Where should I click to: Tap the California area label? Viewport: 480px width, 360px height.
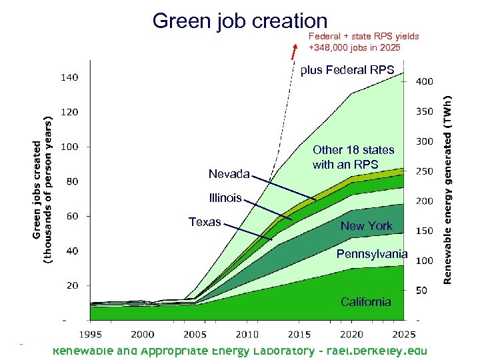click(365, 302)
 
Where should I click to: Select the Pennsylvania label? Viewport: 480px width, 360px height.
click(372, 254)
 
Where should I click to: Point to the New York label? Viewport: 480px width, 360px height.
click(366, 226)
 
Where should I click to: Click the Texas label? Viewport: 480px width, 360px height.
click(205, 222)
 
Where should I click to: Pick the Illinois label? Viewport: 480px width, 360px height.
click(225, 198)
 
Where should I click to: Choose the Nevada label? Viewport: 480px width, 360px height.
click(229, 175)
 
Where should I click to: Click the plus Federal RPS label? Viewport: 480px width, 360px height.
click(347, 70)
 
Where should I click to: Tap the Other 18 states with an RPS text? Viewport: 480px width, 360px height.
click(353, 157)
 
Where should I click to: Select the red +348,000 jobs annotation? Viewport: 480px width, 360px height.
click(363, 41)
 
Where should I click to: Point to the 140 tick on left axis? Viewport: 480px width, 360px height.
click(70, 77)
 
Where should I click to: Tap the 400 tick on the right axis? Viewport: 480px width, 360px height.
click(424, 81)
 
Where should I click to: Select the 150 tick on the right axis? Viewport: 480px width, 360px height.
click(424, 231)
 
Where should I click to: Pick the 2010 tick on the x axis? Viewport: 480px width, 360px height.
click(247, 334)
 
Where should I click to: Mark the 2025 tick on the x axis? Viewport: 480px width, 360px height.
click(403, 334)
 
